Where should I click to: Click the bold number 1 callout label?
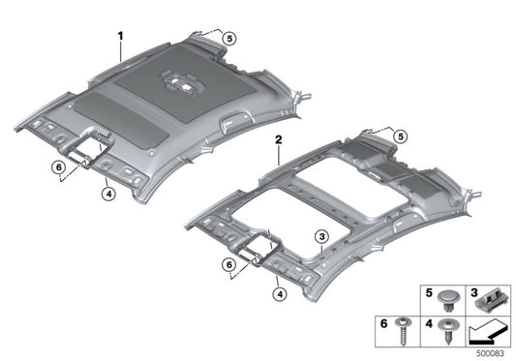(x=121, y=36)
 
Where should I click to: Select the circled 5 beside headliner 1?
(x=228, y=38)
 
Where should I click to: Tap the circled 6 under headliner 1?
(x=58, y=168)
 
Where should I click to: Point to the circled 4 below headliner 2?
(x=280, y=293)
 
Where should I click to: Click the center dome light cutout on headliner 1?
(x=183, y=83)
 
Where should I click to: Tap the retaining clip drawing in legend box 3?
(x=489, y=299)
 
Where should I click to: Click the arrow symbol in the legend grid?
(x=487, y=334)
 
